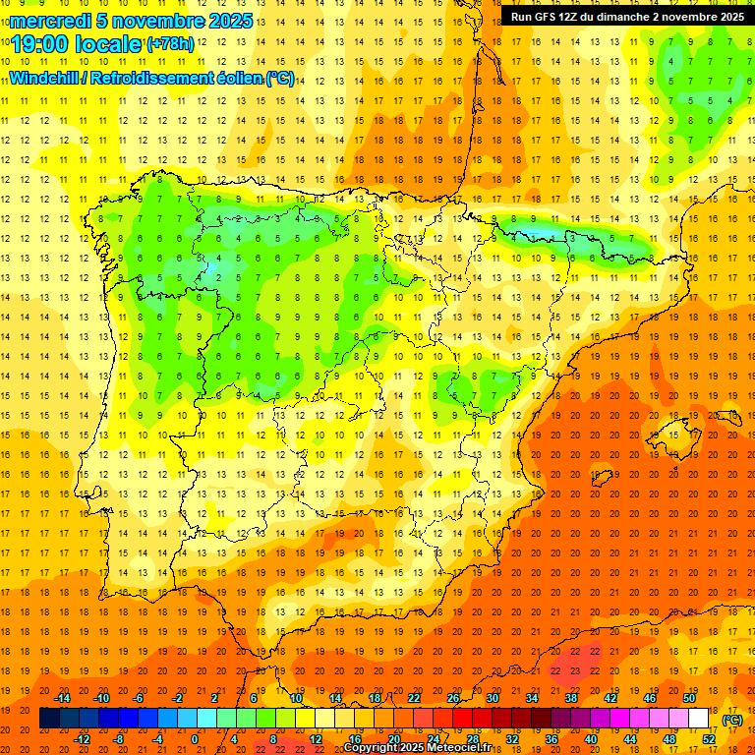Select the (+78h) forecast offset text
click(x=170, y=44)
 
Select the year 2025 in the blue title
click(x=230, y=21)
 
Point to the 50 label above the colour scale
click(x=690, y=698)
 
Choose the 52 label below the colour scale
click(x=710, y=739)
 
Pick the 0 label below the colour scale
click(x=196, y=739)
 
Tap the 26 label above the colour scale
click(x=453, y=698)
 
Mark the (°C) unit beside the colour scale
click(x=732, y=720)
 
